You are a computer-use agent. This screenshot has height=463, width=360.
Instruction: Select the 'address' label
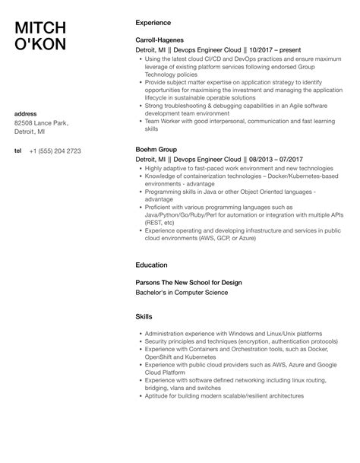point(27,114)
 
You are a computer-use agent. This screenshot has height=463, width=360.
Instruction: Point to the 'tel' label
point(19,151)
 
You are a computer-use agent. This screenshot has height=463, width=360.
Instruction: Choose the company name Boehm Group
point(156,150)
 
